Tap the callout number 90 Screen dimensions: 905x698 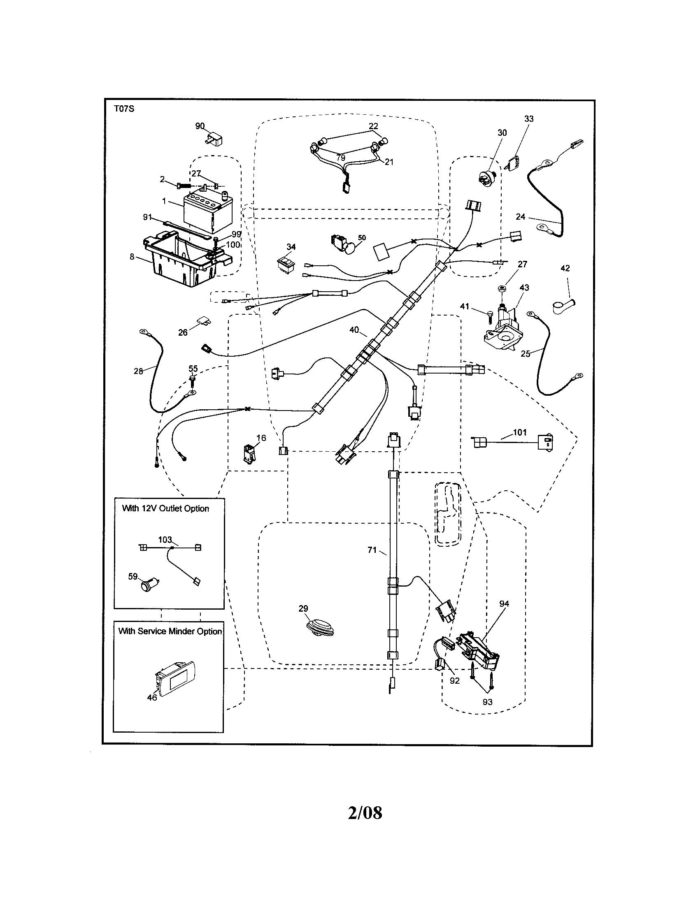[200, 126]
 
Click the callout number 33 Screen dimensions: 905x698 [529, 119]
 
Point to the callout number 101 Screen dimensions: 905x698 [520, 432]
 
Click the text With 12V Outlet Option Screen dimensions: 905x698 [165, 508]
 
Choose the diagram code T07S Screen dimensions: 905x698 [124, 109]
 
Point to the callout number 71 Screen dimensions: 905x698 [372, 550]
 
